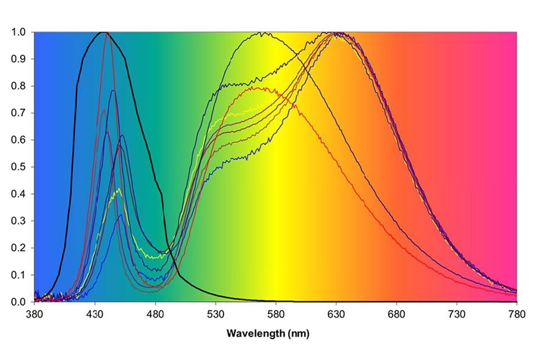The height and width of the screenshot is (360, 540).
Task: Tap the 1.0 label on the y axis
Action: coord(18,32)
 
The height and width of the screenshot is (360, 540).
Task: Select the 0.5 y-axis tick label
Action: coord(18,167)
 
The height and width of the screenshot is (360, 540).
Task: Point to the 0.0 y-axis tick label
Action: coord(18,302)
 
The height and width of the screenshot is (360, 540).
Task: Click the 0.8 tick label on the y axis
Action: coord(18,86)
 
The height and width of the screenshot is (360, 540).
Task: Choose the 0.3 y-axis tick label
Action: coord(18,221)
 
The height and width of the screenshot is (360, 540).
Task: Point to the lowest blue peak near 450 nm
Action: coord(119,215)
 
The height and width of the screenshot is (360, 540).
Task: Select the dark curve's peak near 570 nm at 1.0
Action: coord(262,33)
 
